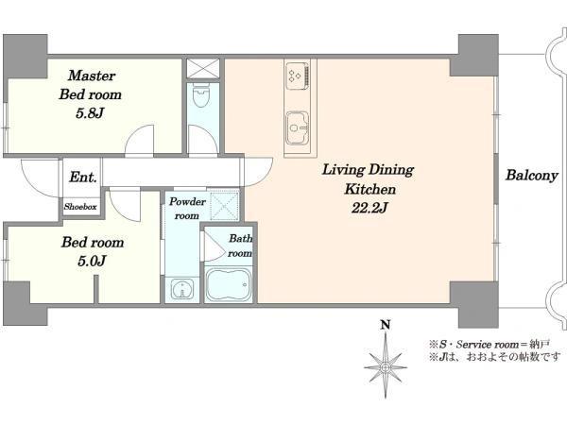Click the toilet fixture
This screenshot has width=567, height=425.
(201, 95)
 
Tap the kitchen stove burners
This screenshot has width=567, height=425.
(298, 76)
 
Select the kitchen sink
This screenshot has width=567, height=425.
(298, 127)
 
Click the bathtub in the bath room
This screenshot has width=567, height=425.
(229, 285)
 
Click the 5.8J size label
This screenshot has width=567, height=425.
(90, 114)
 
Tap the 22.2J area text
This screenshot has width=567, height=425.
(369, 208)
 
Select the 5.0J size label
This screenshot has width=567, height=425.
(92, 261)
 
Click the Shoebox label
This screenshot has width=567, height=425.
(80, 207)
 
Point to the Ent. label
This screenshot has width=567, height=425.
(83, 178)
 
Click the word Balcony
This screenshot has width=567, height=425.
(531, 176)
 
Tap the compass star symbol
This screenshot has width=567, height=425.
(386, 365)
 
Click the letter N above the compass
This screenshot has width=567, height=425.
(386, 325)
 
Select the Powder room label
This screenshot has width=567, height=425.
(187, 209)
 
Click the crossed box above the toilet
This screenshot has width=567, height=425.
(203, 68)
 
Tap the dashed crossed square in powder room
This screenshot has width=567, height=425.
(225, 206)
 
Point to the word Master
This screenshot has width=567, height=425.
(92, 76)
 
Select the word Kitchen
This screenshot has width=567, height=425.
(369, 189)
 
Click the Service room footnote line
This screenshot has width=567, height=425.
(490, 344)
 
